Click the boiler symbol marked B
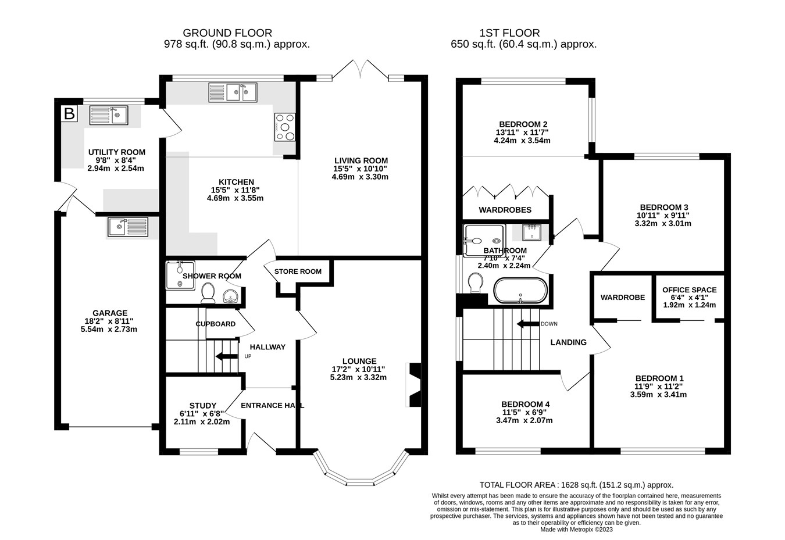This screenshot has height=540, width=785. click(69, 114)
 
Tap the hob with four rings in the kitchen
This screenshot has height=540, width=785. click(285, 127)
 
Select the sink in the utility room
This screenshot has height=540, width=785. click(109, 116)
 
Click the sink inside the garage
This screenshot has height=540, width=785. click(127, 227)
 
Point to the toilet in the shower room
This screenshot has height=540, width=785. click(207, 293)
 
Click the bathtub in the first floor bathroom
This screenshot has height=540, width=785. click(520, 291)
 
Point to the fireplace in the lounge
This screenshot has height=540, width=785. click(414, 385)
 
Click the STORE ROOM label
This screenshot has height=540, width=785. click(298, 271)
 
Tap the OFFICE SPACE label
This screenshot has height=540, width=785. click(690, 290)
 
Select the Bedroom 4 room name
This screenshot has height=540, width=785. click(525, 404)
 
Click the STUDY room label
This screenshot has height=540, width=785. click(202, 406)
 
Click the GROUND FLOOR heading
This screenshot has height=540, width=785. click(227, 33)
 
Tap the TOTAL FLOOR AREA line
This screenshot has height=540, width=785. click(576, 485)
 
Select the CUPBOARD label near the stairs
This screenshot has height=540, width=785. click(215, 324)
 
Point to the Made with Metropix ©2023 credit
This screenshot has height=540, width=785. click(576, 530)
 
